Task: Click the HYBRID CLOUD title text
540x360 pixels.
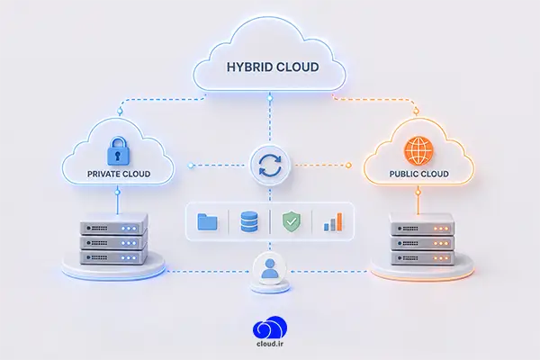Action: click(x=273, y=67)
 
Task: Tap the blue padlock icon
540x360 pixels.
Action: click(x=118, y=151)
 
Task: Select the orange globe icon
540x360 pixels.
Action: click(x=418, y=150)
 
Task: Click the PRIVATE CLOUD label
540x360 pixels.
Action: click(x=119, y=174)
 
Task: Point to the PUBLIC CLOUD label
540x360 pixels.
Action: click(x=418, y=174)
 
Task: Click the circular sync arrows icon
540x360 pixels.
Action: click(x=270, y=166)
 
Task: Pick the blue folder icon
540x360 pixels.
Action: click(x=207, y=221)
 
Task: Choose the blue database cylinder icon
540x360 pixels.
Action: click(x=249, y=221)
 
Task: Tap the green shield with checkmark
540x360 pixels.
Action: click(x=292, y=221)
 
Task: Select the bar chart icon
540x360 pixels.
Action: click(x=333, y=221)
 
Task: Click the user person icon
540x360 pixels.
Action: click(x=270, y=269)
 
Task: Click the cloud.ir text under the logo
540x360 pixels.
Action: click(x=270, y=344)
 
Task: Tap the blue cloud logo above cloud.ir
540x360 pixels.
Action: click(x=270, y=327)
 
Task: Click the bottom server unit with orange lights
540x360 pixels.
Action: click(x=422, y=257)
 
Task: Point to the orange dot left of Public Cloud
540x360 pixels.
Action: click(x=348, y=166)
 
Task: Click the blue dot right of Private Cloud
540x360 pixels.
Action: click(x=191, y=166)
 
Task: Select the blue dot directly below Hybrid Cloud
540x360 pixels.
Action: click(x=270, y=98)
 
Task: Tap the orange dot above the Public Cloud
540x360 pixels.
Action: click(x=416, y=111)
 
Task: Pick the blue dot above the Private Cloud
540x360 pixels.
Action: click(x=120, y=112)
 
